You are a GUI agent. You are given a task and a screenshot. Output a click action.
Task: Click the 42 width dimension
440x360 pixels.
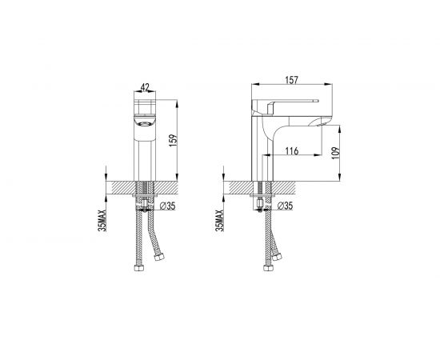point(145,87)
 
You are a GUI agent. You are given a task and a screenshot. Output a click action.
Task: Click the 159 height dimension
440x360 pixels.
point(174,141)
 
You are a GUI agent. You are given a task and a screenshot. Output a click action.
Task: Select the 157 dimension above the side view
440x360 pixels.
point(291,80)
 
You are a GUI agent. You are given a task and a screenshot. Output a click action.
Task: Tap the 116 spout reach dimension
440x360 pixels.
point(292,151)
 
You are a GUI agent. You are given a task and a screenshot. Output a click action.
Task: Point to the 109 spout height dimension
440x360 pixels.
point(335,154)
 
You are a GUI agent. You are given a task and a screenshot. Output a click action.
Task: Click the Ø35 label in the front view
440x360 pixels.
point(167,206)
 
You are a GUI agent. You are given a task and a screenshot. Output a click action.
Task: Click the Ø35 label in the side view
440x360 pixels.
point(285,206)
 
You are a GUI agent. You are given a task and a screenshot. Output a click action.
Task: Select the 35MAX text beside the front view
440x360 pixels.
point(102,221)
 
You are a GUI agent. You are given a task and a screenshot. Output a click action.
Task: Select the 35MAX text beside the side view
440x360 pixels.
point(220,221)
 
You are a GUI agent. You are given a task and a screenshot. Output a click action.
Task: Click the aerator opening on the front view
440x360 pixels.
point(145,123)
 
